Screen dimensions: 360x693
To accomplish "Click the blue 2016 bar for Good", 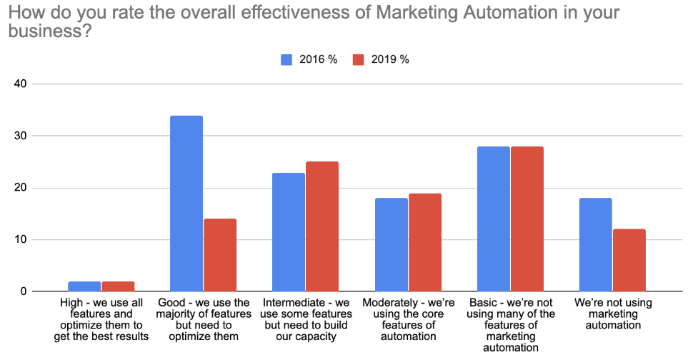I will click(186, 204).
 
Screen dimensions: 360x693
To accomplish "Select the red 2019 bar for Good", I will click(219, 255).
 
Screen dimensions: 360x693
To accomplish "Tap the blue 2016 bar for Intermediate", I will click(288, 232).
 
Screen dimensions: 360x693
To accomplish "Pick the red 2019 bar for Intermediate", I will click(321, 226).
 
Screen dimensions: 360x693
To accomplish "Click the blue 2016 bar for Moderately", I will click(390, 245).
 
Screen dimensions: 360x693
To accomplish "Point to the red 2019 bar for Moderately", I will click(424, 242).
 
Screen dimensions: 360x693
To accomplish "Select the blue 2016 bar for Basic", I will click(493, 219).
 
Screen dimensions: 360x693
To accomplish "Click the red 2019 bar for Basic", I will click(527, 219).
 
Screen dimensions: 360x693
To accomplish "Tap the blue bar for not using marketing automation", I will click(595, 245).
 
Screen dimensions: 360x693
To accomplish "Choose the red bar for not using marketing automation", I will click(629, 260).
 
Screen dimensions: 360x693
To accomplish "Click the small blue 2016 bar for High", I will click(84, 286).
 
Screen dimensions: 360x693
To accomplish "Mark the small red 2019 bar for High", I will click(118, 286).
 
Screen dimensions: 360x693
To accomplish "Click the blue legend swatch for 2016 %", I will click(286, 60).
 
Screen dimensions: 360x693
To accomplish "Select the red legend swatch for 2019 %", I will click(359, 60).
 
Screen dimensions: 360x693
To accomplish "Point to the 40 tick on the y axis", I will click(19, 84).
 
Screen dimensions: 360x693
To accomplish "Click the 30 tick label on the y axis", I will click(19, 136).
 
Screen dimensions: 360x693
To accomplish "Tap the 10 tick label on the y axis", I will click(19, 240).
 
